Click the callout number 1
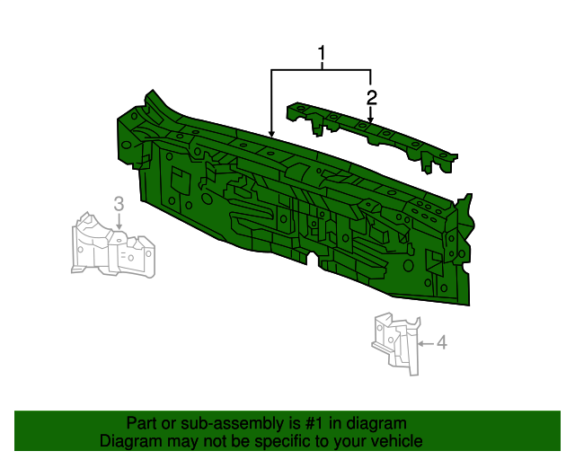[322, 53]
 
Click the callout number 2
[371, 98]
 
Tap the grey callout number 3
[119, 204]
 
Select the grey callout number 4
[442, 342]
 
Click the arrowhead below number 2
[371, 119]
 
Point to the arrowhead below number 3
[119, 226]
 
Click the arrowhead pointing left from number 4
[421, 344]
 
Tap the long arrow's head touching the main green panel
[271, 134]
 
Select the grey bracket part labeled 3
[112, 244]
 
